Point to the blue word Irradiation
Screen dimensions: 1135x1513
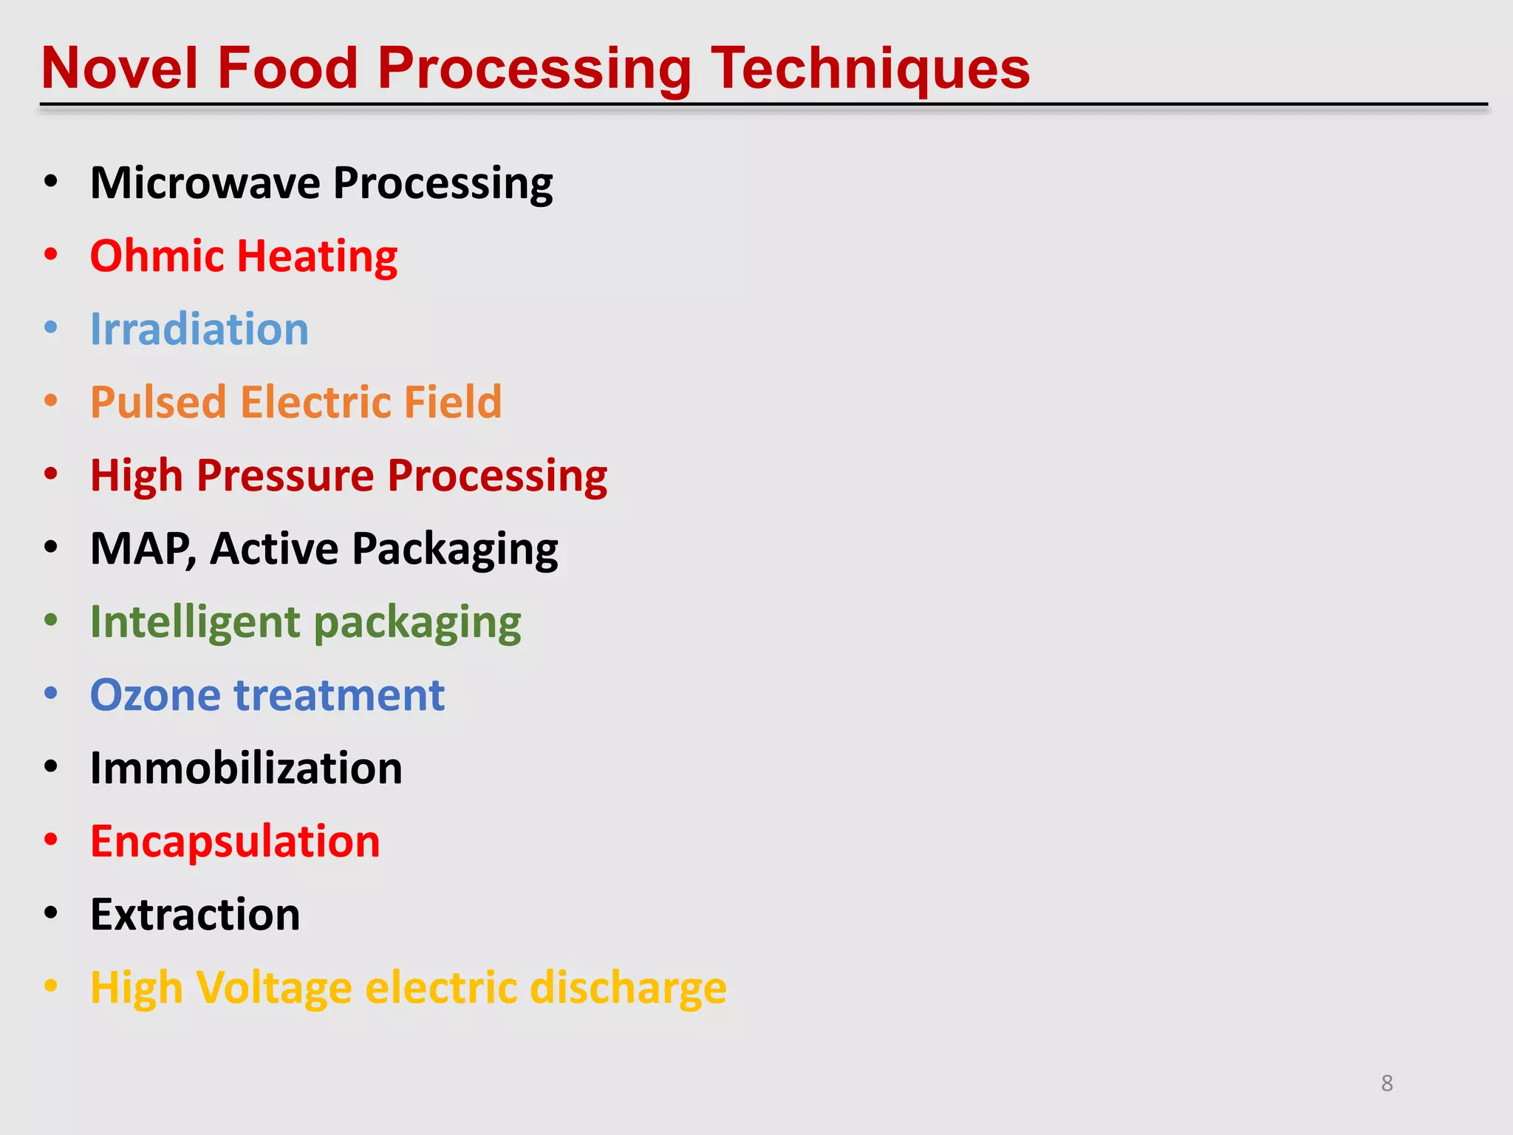[199, 330]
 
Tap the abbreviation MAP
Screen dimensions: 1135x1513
[141, 548]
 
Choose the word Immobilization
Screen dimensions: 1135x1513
[246, 768]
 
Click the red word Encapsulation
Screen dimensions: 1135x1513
[235, 841]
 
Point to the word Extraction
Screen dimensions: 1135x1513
[195, 914]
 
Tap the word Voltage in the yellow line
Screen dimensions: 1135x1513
[274, 988]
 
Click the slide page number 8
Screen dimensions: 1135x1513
[1387, 1083]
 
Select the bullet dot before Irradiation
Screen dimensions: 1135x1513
[50, 327]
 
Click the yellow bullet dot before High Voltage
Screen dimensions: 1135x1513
[50, 986]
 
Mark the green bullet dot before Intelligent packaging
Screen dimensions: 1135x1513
[50, 620]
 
